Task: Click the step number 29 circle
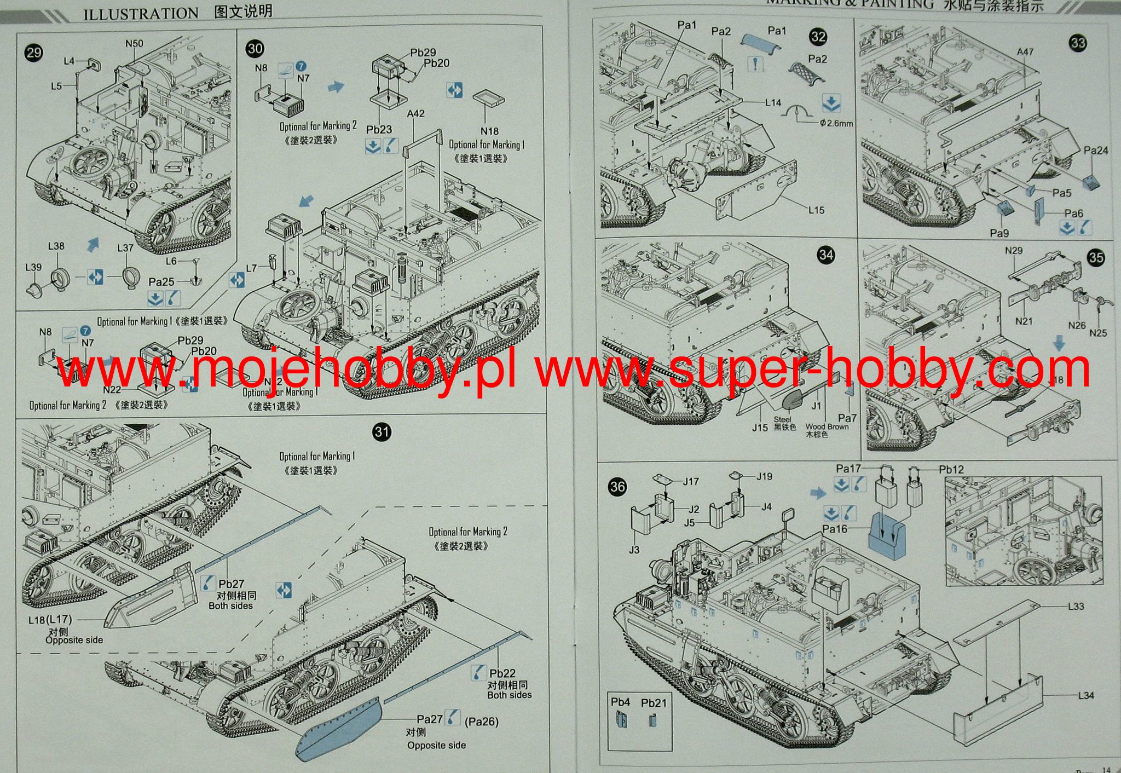[x=34, y=53]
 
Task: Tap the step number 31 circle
[x=382, y=432]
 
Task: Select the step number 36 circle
[x=617, y=487]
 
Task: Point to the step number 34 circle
[x=826, y=255]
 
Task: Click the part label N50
[x=134, y=43]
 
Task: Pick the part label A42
[x=415, y=113]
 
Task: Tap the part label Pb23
[x=379, y=130]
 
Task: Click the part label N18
[x=489, y=131]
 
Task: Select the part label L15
[x=816, y=210]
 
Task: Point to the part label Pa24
[x=1096, y=151]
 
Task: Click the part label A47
[x=1025, y=51]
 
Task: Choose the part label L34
[x=1086, y=695]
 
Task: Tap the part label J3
[x=634, y=549]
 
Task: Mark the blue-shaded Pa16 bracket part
[x=892, y=537]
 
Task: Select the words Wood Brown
[x=827, y=426]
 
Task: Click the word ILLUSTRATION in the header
[x=141, y=13]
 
